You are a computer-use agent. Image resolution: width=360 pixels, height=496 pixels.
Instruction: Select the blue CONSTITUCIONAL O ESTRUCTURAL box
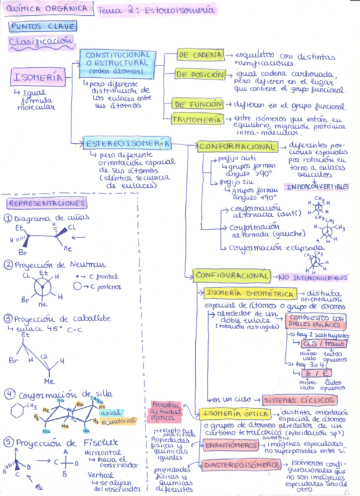[117, 63]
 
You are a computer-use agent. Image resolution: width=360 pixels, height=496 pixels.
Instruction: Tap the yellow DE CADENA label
[200, 55]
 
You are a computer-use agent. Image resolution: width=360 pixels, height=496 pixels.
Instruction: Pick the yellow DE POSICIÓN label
[200, 75]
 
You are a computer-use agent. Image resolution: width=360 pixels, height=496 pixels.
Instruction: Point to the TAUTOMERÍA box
[197, 119]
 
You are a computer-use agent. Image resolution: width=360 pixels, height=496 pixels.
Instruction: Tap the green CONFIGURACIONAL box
[233, 275]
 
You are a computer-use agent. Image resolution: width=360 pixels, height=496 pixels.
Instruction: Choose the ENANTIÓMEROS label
[231, 446]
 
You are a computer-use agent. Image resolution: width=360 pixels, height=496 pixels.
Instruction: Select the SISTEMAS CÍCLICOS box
[299, 400]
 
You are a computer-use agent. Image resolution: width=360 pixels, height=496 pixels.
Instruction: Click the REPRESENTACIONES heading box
[47, 203]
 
